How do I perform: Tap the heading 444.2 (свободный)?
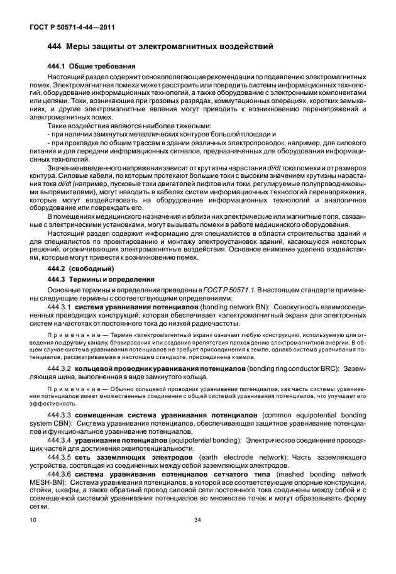click(x=79, y=267)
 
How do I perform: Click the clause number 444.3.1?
click(x=59, y=306)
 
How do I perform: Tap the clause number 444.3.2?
click(x=59, y=366)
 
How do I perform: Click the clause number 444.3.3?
click(x=59, y=416)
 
